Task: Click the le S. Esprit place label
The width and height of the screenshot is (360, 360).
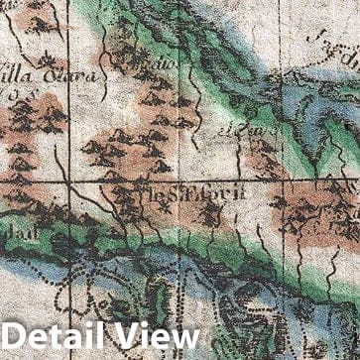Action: tap(189, 196)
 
